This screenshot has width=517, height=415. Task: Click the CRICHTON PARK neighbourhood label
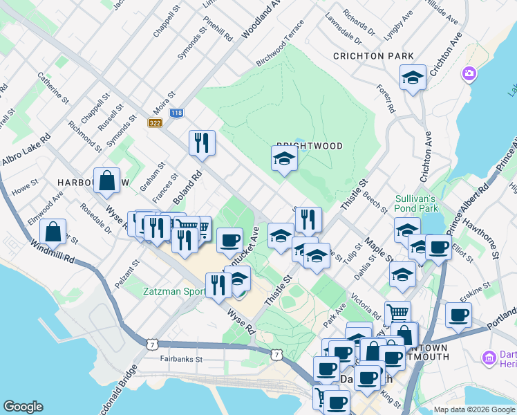click(x=373, y=56)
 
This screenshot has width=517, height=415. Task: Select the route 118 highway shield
click(x=176, y=113)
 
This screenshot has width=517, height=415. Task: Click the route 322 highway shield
click(x=154, y=122)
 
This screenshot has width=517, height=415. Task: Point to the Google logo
click(x=23, y=407)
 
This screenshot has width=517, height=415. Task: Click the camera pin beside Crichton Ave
click(x=469, y=73)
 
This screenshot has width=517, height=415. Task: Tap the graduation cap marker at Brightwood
click(x=283, y=159)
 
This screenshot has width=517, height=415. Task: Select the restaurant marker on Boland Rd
click(x=202, y=143)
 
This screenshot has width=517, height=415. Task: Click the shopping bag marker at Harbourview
click(x=106, y=181)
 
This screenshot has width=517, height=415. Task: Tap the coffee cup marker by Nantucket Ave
click(x=229, y=240)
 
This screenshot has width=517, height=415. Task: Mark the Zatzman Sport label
click(x=173, y=291)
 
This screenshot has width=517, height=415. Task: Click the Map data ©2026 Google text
click(x=474, y=409)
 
